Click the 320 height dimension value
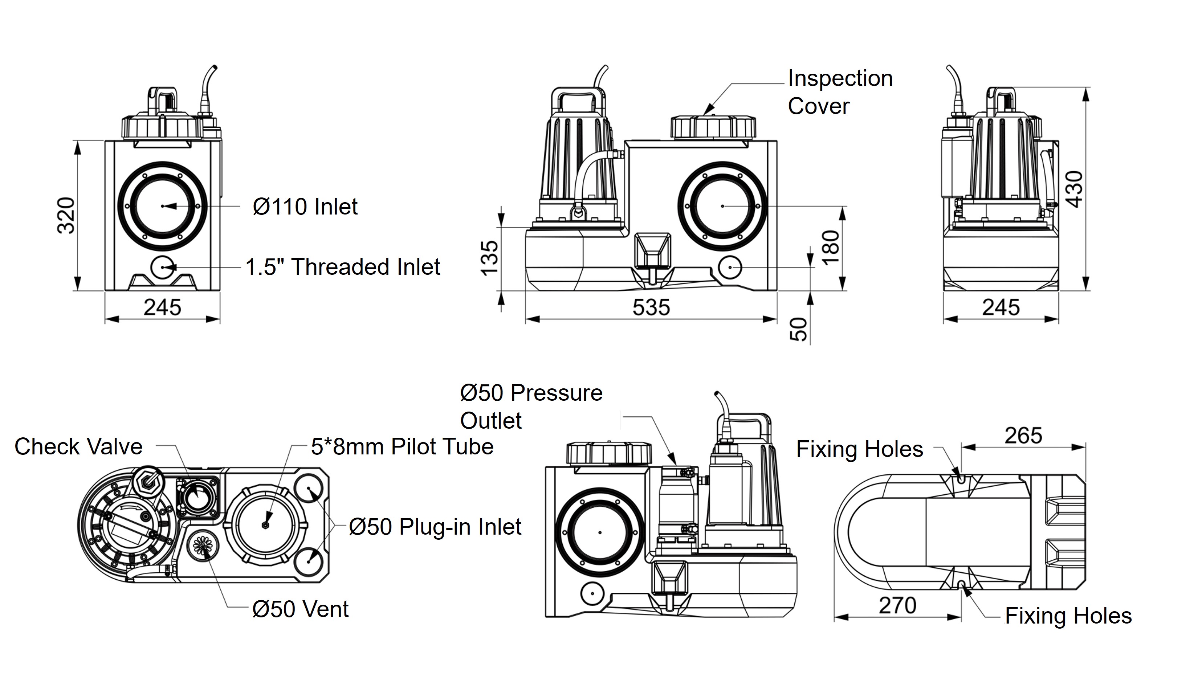[x=66, y=215]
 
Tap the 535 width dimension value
[x=651, y=308]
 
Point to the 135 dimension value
[x=489, y=258]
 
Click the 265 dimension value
[x=1023, y=436]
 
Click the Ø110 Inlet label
[x=305, y=207]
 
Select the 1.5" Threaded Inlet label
[x=342, y=267]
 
